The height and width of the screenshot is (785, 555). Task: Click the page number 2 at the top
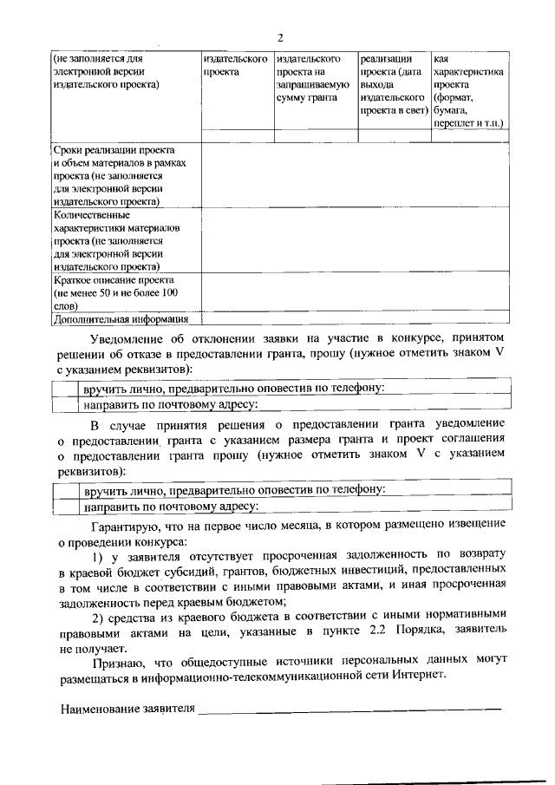(x=280, y=37)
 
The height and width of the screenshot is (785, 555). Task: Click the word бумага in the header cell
(x=451, y=112)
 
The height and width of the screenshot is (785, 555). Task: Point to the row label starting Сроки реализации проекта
(x=114, y=149)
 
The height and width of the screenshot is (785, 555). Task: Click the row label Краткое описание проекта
(x=114, y=281)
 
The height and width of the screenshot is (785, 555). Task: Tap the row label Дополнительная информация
(x=120, y=318)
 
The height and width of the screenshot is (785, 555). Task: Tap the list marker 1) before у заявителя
(x=98, y=555)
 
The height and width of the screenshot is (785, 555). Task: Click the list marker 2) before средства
(x=98, y=617)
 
